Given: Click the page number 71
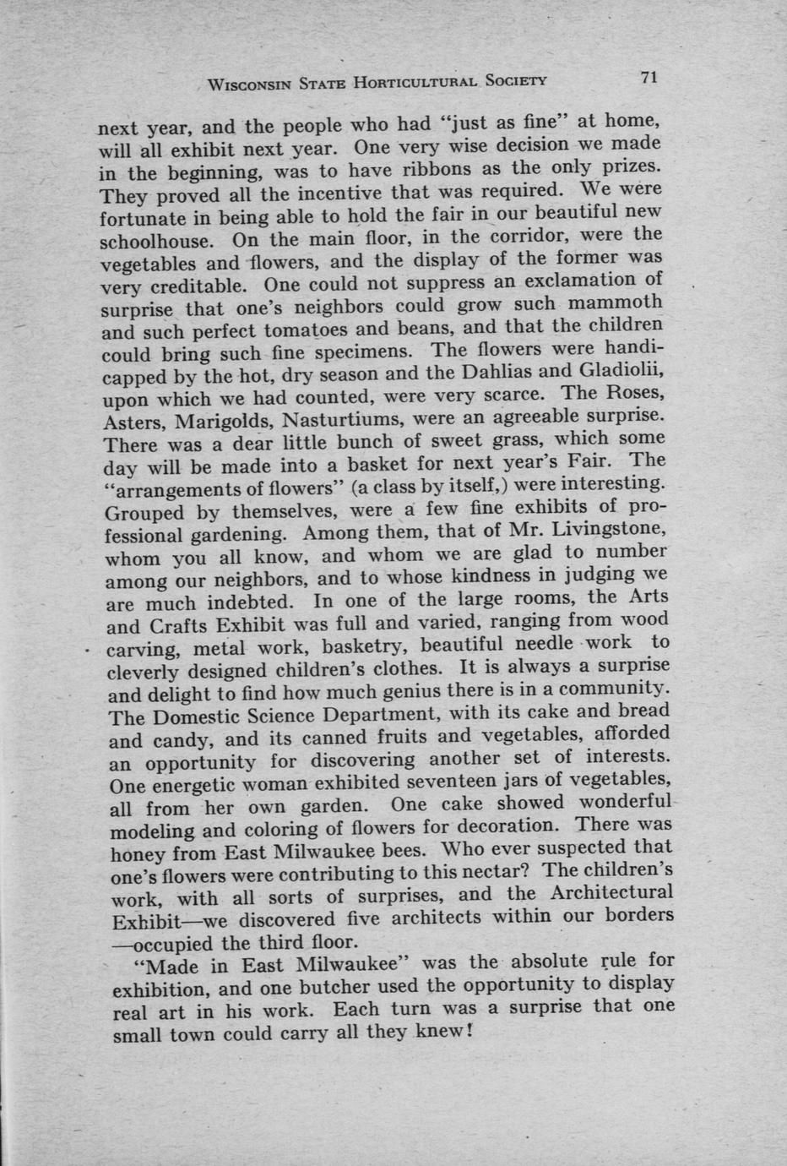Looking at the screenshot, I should (x=649, y=78).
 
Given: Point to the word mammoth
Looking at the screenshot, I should (x=616, y=302).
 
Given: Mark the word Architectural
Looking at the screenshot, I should (x=611, y=892).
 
